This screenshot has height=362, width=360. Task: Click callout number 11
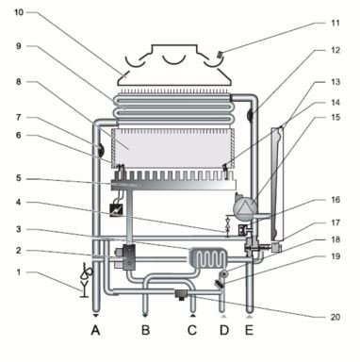point(335,23)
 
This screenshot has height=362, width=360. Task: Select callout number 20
point(335,317)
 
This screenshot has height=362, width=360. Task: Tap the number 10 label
point(19,12)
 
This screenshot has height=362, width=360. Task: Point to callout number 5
point(19,178)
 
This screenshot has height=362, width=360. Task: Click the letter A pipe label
point(96,330)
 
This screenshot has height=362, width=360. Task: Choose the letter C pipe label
point(192,330)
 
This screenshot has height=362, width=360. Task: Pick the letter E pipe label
point(249,330)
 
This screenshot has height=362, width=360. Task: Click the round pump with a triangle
point(244,206)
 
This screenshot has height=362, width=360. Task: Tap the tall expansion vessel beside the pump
point(278,184)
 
